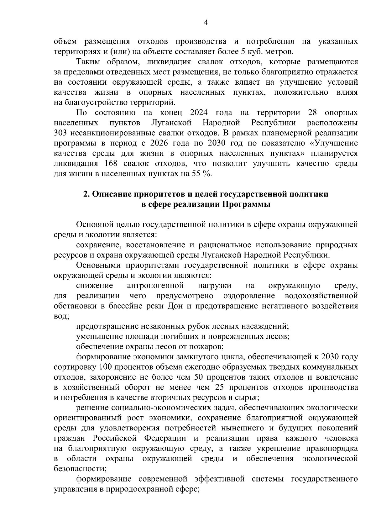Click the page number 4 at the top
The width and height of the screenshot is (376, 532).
tap(206, 22)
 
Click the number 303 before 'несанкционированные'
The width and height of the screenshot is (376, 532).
tap(60, 133)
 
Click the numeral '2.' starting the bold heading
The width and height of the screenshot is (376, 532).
tap(86, 194)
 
